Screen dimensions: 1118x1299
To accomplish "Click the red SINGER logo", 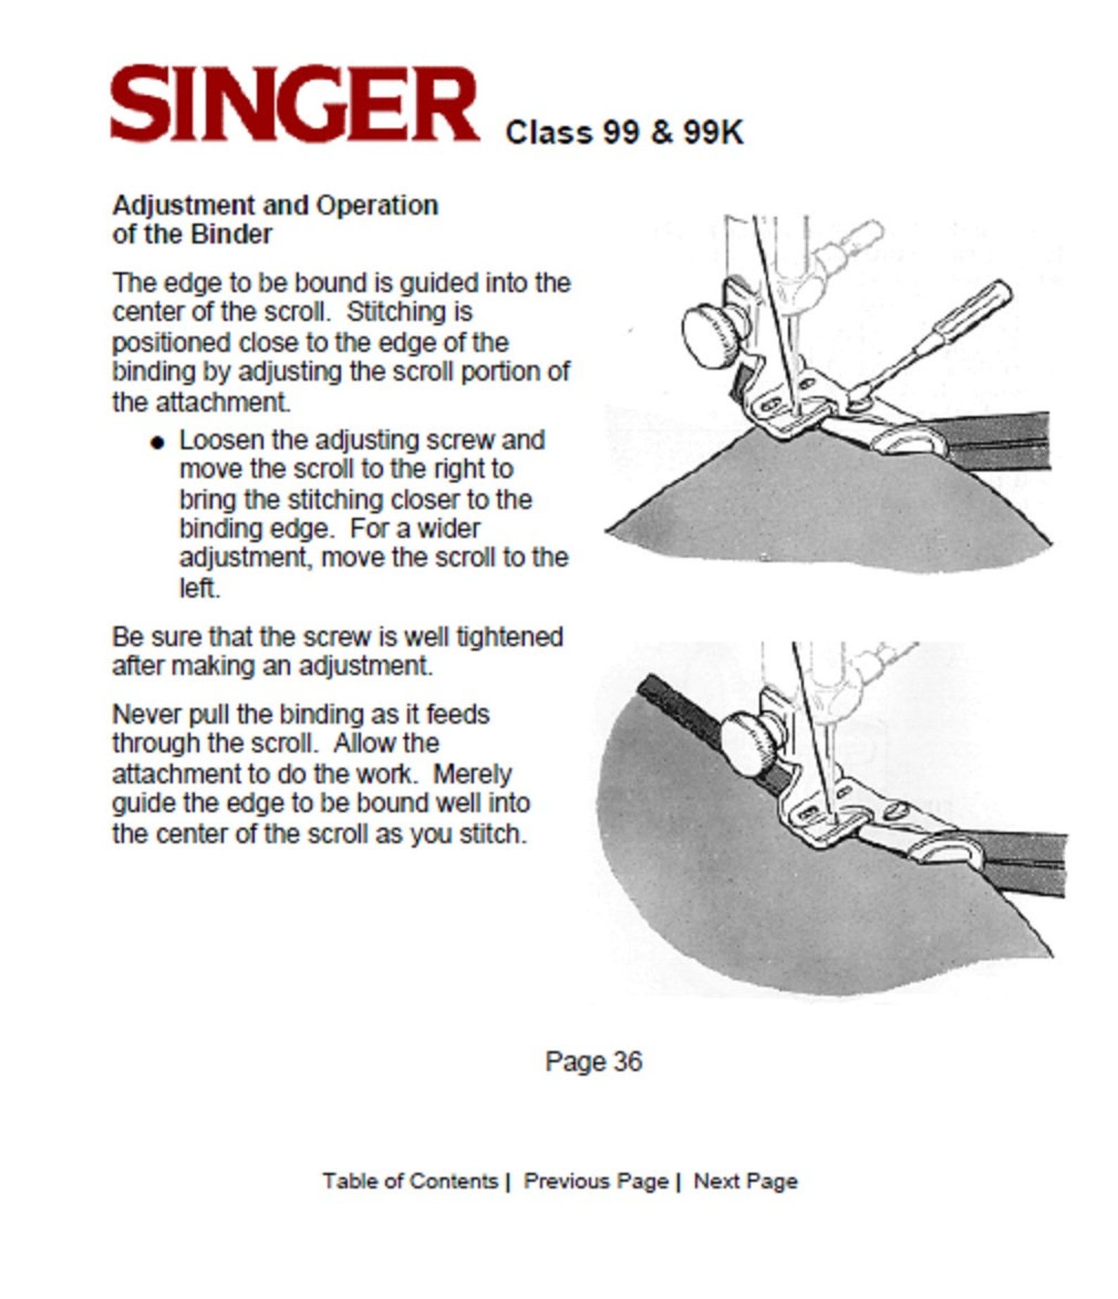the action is tap(295, 104).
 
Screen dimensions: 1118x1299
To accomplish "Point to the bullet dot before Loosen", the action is tap(158, 442).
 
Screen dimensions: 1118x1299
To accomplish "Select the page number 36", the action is tap(627, 1062).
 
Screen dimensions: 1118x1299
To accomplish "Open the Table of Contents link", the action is tap(410, 1180).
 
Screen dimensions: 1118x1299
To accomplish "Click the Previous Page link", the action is tap(596, 1180).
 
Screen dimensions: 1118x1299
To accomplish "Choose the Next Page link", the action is tap(746, 1180).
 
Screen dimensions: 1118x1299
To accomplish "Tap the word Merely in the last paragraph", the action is tap(472, 774).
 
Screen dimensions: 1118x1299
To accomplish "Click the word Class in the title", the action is tap(548, 132).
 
